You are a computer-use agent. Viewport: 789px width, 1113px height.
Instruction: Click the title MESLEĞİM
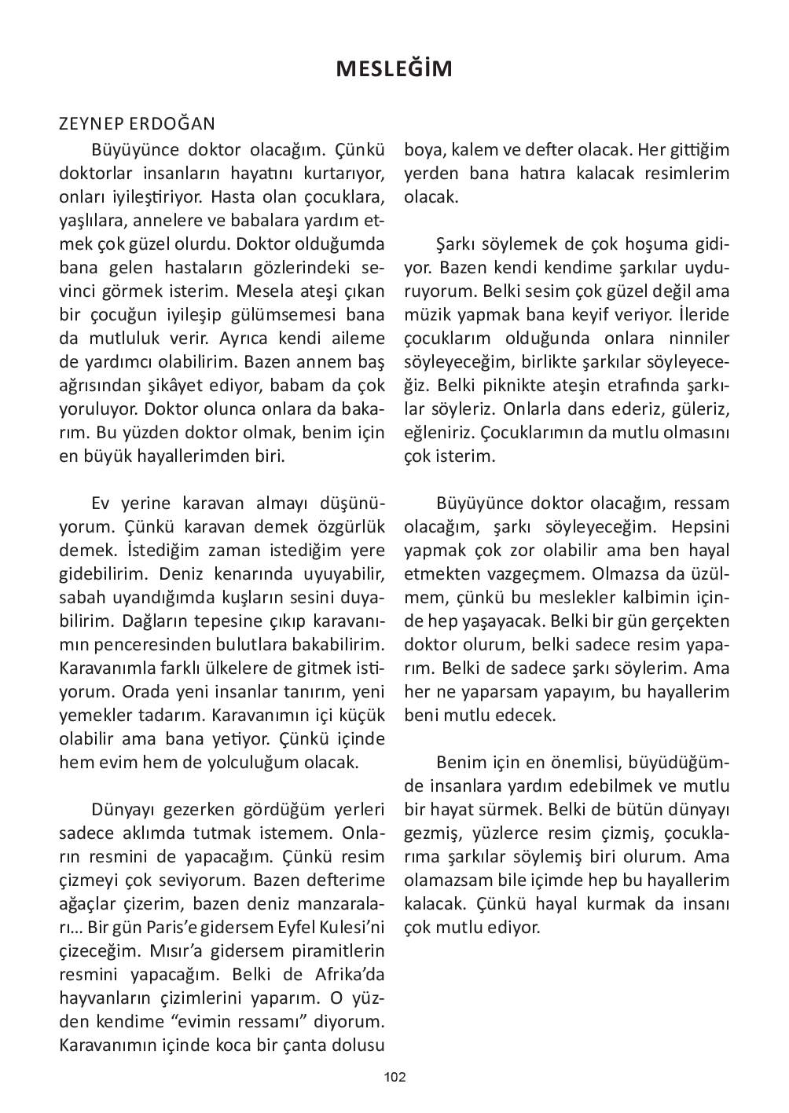pos(394,69)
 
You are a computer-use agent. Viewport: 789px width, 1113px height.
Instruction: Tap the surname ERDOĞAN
pos(174,126)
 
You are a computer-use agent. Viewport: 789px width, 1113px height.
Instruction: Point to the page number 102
pos(394,1077)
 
